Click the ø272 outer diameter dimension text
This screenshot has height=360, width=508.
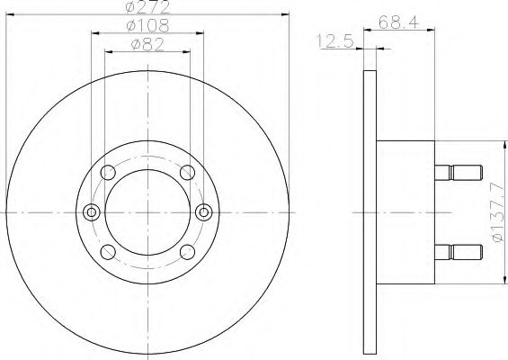(x=147, y=7)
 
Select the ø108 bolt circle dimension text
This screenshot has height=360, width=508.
(x=147, y=25)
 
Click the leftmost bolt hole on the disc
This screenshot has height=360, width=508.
(x=91, y=212)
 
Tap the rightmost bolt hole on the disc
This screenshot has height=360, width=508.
(x=203, y=212)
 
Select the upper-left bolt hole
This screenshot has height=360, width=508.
(x=110, y=173)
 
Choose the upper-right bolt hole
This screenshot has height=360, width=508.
(x=185, y=173)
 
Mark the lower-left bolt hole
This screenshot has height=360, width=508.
(x=110, y=252)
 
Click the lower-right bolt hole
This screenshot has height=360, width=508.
(x=185, y=252)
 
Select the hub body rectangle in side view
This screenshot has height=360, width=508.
(x=404, y=212)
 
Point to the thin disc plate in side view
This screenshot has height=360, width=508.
(x=369, y=212)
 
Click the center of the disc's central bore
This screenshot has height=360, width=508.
(x=147, y=212)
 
